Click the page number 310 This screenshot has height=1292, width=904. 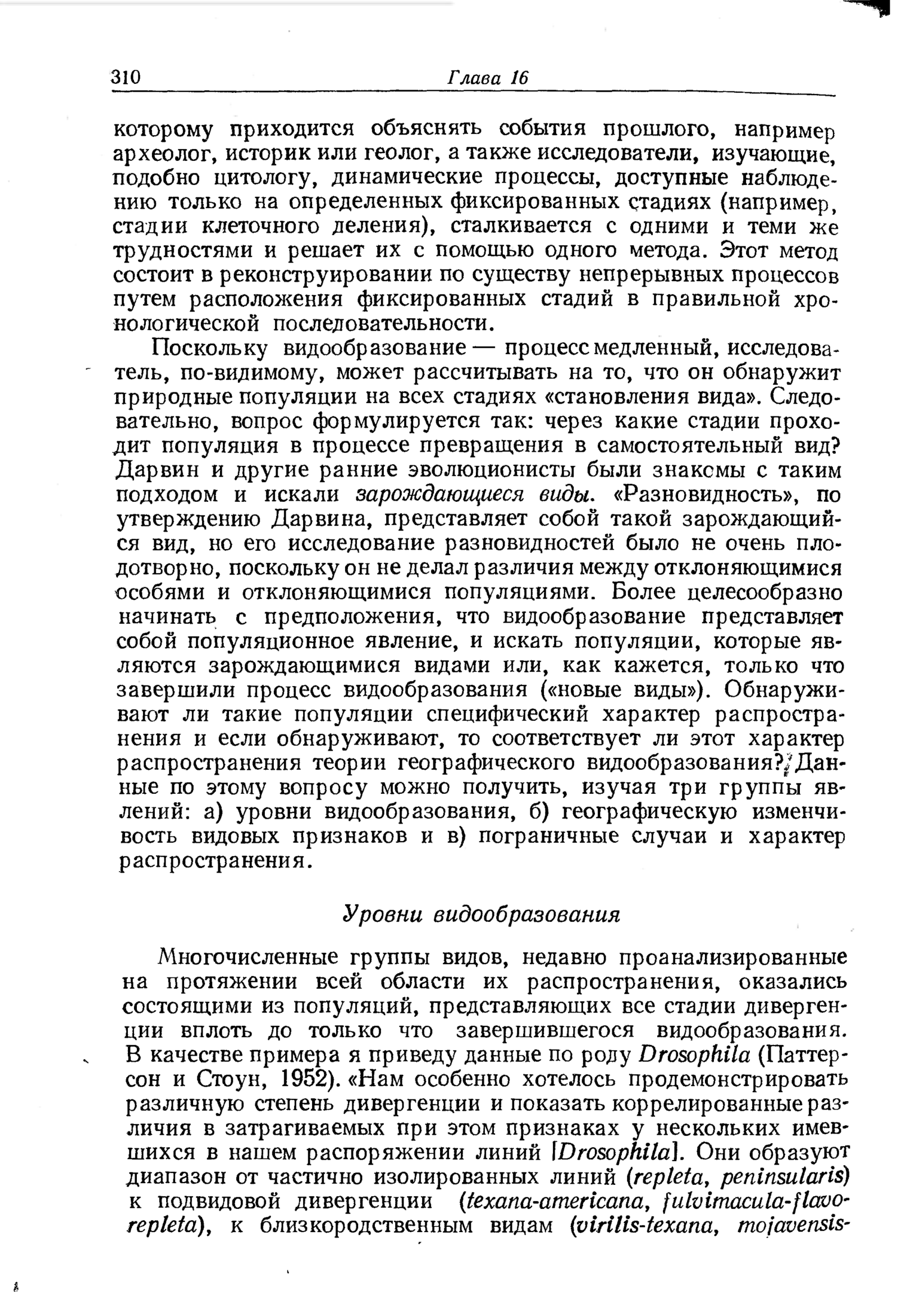pos(126,77)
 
